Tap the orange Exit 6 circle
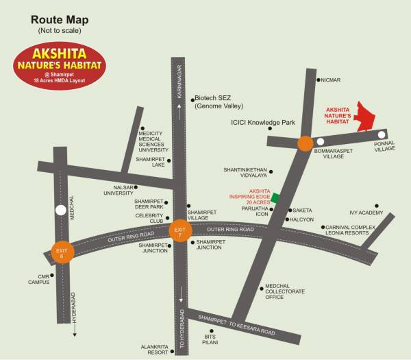(59, 252)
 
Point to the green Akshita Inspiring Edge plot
(275, 197)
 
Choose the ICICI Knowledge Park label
(262, 122)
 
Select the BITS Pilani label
(212, 340)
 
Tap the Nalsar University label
(118, 190)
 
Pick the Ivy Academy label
(366, 213)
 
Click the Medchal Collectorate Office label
(284, 293)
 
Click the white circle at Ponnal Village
(382, 134)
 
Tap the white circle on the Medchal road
(60, 211)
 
